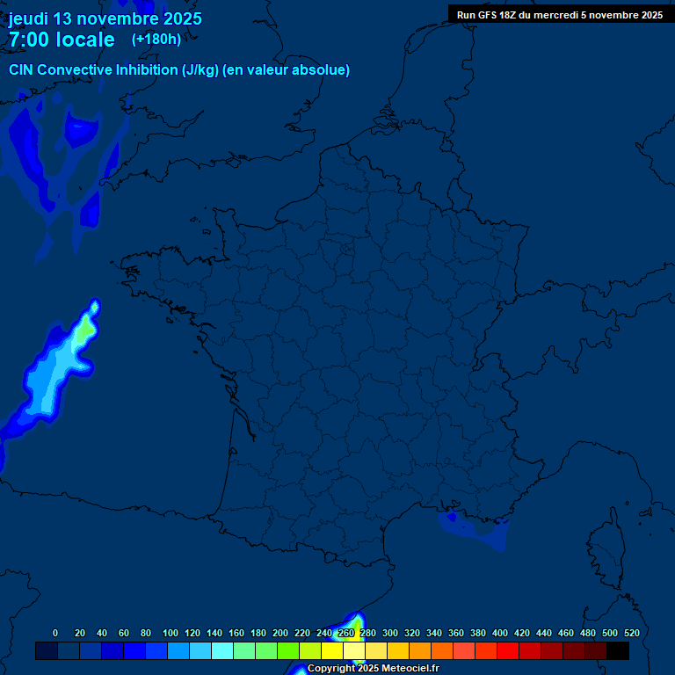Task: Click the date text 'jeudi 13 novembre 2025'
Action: tap(105, 18)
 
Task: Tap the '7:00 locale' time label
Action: tap(62, 40)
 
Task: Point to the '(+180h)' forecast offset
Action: tap(156, 39)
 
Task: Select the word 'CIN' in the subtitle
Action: tap(21, 70)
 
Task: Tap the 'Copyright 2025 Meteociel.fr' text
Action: tap(373, 669)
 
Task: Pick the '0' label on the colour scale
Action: tap(55, 633)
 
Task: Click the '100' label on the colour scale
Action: tap(171, 633)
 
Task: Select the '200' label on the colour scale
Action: tap(280, 633)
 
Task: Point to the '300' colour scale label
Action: tap(390, 633)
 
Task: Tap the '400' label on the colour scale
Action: tap(500, 633)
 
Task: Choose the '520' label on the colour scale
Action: tap(631, 633)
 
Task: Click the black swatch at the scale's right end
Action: tap(618, 650)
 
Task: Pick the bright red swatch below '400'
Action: tap(508, 650)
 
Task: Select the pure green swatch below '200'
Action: tap(288, 650)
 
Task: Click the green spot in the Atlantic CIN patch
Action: tap(83, 333)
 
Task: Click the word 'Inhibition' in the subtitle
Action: tap(145, 70)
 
